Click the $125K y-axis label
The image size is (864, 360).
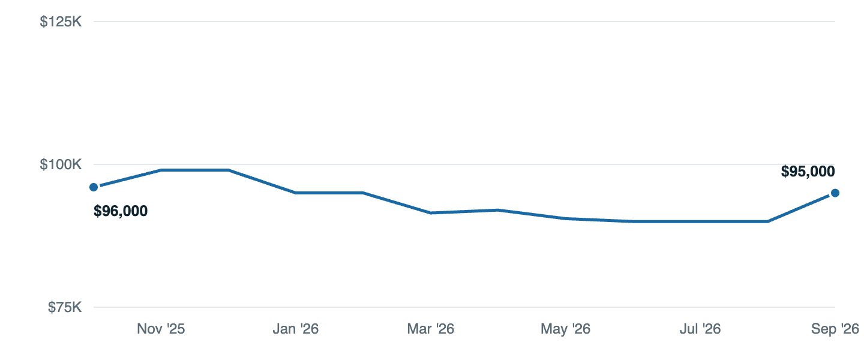pos(61,22)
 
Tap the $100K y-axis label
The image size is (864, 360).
pos(61,164)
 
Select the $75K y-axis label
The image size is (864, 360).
pos(65,307)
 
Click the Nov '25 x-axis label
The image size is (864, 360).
pos(161,329)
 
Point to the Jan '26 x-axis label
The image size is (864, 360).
pos(295,329)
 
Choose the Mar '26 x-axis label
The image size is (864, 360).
pos(430,329)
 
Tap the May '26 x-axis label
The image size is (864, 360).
pos(565,329)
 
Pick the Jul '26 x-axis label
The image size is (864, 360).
pos(700,329)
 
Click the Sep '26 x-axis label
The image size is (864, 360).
pos(835,329)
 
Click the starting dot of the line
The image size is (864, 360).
pos(94,187)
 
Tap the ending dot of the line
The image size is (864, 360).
pos(835,193)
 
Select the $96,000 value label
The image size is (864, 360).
pos(121,211)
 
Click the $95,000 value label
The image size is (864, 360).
pos(808,172)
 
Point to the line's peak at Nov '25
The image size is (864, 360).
pos(161,170)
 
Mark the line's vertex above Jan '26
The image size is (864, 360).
pos(295,193)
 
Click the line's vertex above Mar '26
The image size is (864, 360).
pos(430,212)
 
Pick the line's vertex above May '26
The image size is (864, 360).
pos(565,218)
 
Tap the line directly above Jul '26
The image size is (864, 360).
pos(700,221)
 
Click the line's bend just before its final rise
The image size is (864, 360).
pos(767,221)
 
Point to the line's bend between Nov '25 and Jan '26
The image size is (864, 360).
pos(229,170)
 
